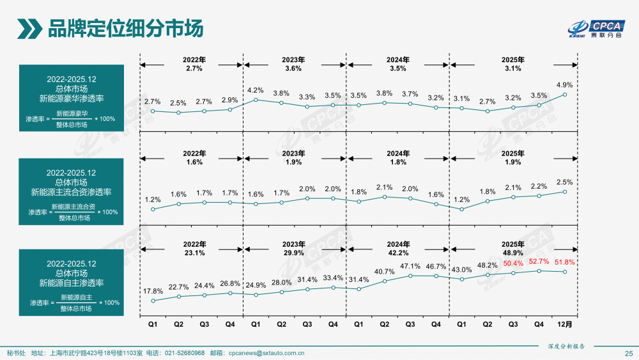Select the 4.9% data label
pos(564,84)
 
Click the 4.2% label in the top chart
pos(256,90)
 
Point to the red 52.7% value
pos(539,262)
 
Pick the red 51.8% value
pos(565,262)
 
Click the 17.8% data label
pos(153,292)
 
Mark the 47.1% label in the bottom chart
pos(410,266)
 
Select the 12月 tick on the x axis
pos(565,324)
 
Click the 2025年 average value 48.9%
pos(513,253)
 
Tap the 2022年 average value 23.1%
pos(194,253)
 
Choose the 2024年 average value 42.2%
pos(397,253)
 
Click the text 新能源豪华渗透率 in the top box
pos(72,98)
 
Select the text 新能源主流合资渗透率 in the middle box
pos(72,192)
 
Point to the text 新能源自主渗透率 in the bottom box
pos(72,283)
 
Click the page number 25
pos(627,353)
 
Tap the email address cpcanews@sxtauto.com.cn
pos(266,353)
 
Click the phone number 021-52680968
pos(185,353)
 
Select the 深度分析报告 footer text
pos(566,345)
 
